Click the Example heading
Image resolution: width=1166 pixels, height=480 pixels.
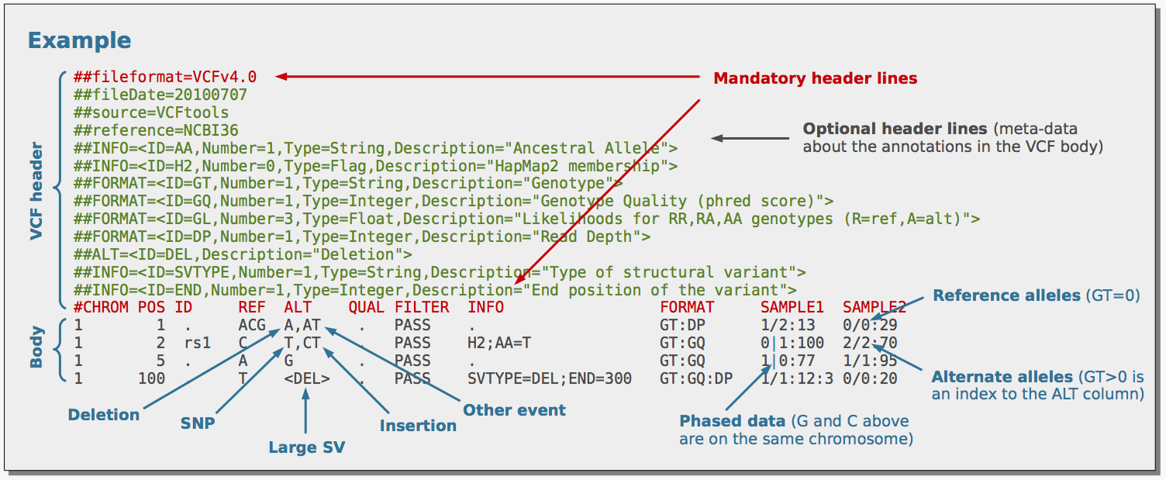[x=79, y=40]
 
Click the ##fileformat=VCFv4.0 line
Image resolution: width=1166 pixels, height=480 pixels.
[x=164, y=77]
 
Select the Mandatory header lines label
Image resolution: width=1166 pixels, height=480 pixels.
[x=815, y=78]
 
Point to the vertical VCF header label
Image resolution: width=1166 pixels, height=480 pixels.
[x=36, y=190]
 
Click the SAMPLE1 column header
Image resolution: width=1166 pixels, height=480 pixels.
[x=792, y=307]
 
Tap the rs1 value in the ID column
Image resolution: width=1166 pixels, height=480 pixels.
[x=197, y=343]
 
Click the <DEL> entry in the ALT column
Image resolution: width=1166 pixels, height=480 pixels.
[x=307, y=378]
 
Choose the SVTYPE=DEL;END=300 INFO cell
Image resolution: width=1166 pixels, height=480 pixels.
[x=549, y=378]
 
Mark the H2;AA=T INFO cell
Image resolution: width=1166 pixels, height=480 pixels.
[x=499, y=343]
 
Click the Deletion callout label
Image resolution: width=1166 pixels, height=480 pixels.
[x=104, y=414]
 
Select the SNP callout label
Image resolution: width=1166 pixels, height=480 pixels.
[x=198, y=423]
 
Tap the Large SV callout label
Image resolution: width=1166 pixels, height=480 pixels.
[x=306, y=447]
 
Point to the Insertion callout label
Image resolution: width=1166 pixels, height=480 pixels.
[x=418, y=425]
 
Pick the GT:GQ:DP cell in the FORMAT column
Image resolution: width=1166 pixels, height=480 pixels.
[x=695, y=378]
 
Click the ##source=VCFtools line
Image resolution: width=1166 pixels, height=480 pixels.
[x=151, y=112]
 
